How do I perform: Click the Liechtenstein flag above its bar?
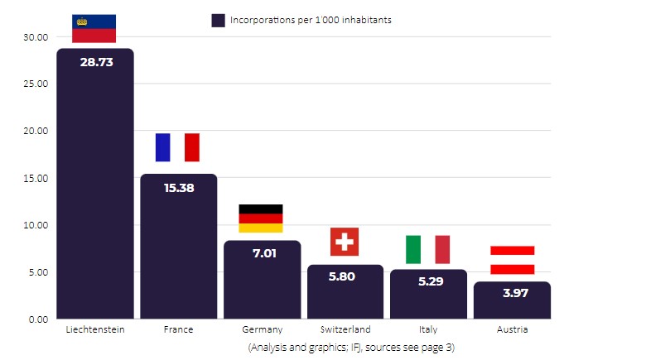94,28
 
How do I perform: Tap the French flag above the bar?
177,147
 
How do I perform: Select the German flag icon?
261,218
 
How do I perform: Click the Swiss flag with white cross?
345,242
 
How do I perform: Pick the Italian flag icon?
427,249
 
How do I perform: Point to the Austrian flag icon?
512,260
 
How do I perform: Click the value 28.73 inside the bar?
96,62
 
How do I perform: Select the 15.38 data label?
179,188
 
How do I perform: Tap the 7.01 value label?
263,253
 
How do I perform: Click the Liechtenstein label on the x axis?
95,329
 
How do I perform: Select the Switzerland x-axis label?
345,329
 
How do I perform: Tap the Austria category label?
512,329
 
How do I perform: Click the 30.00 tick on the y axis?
36,37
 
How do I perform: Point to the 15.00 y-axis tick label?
36,178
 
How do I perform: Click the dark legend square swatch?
219,21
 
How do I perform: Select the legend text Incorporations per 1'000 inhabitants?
311,20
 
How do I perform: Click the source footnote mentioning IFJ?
351,348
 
